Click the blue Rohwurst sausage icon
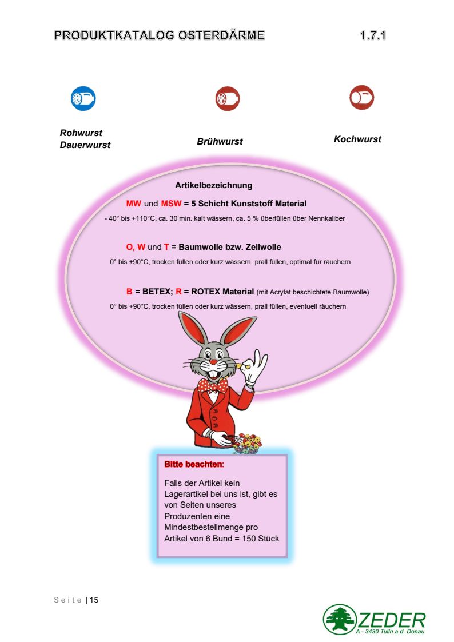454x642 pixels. click(83, 99)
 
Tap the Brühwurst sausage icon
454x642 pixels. click(228, 99)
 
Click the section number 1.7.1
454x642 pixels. click(373, 35)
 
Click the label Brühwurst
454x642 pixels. click(220, 142)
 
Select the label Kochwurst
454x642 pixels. click(357, 139)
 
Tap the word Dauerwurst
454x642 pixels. click(85, 145)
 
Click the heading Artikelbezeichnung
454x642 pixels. click(213, 185)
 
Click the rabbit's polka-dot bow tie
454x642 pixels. click(213, 385)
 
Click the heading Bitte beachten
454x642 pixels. click(194, 464)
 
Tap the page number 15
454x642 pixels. click(94, 600)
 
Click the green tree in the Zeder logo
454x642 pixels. click(340, 619)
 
